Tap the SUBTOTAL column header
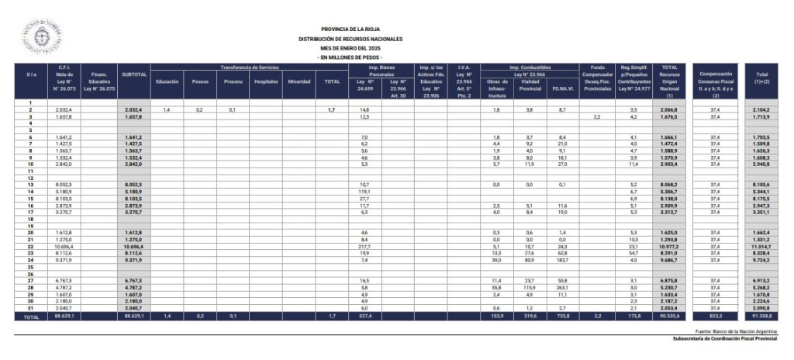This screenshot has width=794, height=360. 134,74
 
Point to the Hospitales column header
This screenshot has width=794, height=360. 265,81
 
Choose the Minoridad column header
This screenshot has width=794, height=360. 300,81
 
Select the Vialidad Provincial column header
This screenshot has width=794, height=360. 529,85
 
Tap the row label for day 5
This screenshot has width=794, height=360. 31,130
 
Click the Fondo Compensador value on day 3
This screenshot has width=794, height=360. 596,117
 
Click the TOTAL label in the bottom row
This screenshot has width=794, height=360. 31,317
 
